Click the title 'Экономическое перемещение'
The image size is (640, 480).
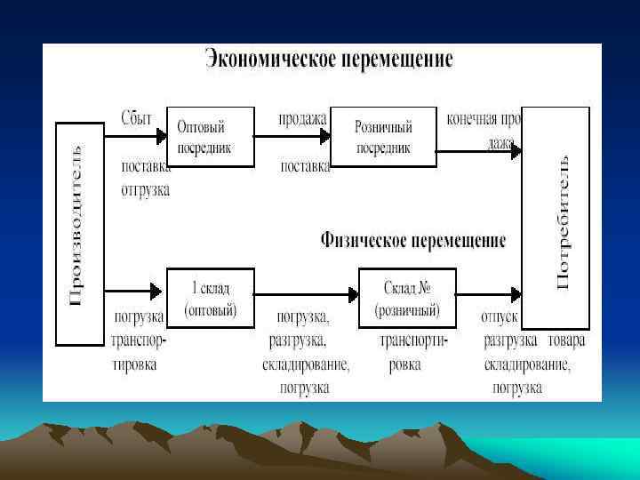coord(329,60)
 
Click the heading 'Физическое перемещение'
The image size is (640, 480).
coord(412,241)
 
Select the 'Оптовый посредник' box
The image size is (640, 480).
coord(210,137)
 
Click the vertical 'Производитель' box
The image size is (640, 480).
coord(80,233)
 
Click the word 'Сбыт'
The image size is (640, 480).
coord(137,117)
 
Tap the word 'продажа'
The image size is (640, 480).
coord(303,117)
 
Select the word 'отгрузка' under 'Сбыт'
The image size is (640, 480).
coord(145,189)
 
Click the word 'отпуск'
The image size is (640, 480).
coord(500,316)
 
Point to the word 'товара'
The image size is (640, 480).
coord(566,340)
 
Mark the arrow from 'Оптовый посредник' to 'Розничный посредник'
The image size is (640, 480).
coord(292,137)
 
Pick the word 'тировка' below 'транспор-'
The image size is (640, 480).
coord(134,364)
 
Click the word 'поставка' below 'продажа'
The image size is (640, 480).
coord(305,166)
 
